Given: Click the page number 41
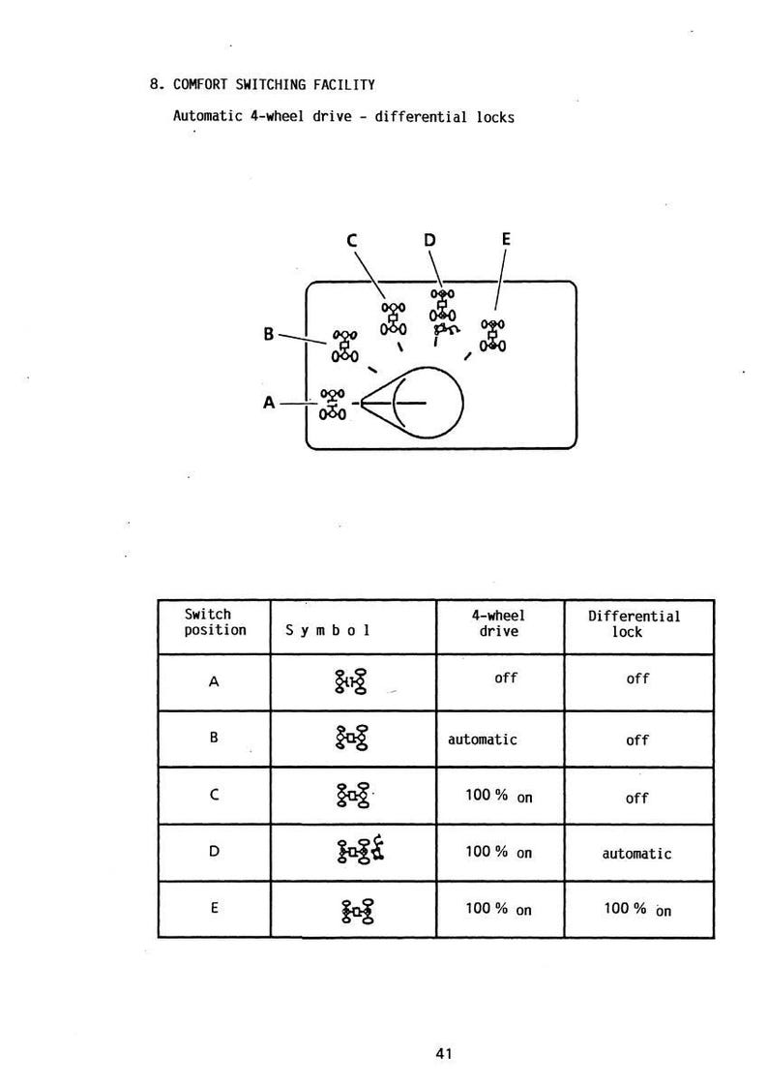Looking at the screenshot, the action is click(x=444, y=1053).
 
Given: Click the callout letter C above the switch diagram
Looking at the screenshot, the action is click(x=351, y=241).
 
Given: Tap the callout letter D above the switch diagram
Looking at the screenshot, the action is click(x=429, y=240).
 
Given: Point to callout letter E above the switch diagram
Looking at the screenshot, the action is click(x=506, y=239).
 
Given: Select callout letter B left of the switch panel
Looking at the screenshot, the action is click(x=269, y=334).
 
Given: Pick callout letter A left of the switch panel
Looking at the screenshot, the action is click(x=269, y=402).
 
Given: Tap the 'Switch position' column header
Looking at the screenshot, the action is click(x=215, y=622).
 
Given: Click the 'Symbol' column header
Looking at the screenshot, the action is click(x=328, y=630).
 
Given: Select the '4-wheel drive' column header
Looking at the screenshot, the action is click(x=498, y=623).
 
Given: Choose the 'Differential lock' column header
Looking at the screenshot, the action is click(x=634, y=624).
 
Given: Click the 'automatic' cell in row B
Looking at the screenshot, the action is click(x=483, y=739).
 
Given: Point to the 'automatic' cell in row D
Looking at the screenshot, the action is click(x=636, y=854).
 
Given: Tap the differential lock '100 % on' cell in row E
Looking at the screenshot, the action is click(x=637, y=910).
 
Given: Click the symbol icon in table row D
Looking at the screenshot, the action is click(x=361, y=850).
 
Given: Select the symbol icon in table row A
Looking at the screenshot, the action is click(x=351, y=681).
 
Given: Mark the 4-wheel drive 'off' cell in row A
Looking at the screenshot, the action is click(x=506, y=679).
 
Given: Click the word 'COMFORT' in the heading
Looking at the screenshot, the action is click(x=200, y=84).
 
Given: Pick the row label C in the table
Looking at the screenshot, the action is click(x=214, y=795).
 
